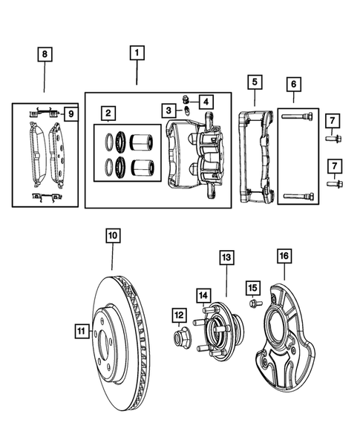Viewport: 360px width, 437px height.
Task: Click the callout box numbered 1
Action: click(x=137, y=53)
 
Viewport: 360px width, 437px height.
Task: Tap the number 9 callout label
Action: click(x=70, y=114)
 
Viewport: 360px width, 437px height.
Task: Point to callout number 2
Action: click(x=109, y=114)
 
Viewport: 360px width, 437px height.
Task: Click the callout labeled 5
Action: click(x=254, y=81)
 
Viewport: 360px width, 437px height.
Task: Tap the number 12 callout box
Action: click(x=179, y=315)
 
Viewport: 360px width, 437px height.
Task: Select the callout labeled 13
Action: click(x=226, y=257)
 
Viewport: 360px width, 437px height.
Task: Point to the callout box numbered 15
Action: click(x=252, y=286)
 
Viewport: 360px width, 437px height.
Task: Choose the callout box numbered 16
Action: click(x=284, y=257)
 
